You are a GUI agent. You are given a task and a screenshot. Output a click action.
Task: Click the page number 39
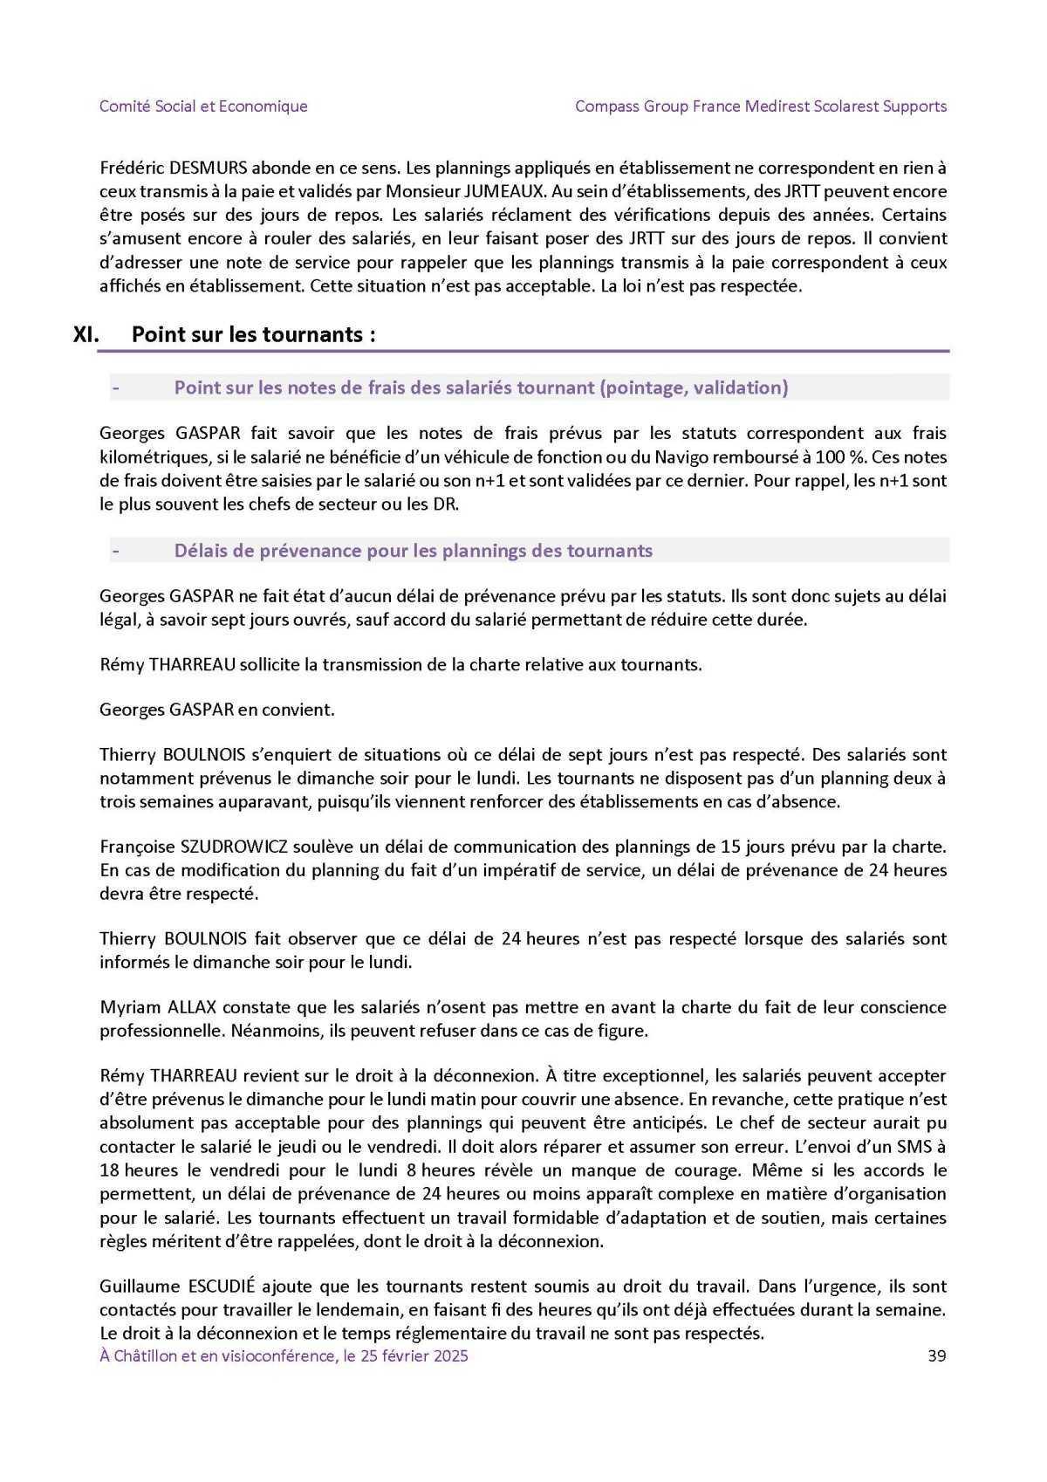[936, 1355]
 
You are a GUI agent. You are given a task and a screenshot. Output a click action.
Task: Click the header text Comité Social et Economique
[203, 106]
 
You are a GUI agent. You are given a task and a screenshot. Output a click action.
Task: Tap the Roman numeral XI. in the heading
[88, 334]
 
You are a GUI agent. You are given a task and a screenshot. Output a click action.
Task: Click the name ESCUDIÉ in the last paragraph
[220, 1286]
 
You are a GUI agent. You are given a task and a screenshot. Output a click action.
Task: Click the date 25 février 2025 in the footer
[412, 1355]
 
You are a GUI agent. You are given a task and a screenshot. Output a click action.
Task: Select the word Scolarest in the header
[838, 106]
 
